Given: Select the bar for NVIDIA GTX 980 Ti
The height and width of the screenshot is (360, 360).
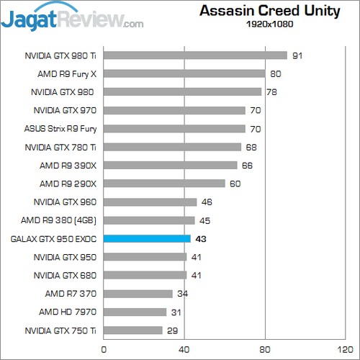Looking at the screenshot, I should coord(195,55).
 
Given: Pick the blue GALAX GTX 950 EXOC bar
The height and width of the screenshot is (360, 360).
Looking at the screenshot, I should coord(147,238).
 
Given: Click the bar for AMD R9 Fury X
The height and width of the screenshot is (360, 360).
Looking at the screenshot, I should coord(184,73).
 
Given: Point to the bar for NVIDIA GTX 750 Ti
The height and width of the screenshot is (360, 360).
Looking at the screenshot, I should coord(133,330).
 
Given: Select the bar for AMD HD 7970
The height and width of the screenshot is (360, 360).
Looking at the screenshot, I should coord(135,312).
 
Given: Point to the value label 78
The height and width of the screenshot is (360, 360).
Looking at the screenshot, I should coord(271,91).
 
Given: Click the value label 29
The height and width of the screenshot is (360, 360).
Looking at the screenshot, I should coord(173,330).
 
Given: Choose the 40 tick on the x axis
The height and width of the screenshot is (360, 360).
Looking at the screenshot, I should coord(185,349).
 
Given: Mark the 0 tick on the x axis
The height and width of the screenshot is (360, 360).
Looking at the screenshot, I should coord(104,349).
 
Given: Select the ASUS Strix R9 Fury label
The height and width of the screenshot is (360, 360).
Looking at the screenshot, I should coord(60,129).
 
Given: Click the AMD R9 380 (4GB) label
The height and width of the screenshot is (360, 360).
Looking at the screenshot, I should coord(60,220).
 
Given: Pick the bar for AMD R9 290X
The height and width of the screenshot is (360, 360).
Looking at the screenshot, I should coord(164,184).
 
